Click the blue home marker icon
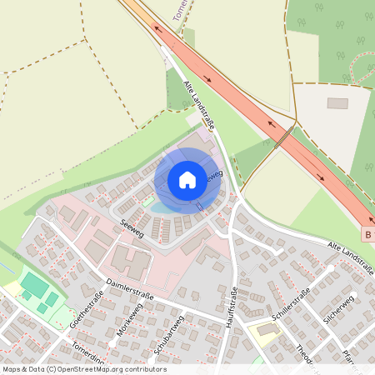coord(187,179)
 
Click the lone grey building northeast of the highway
coord(337,103)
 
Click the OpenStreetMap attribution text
coord(85,368)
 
